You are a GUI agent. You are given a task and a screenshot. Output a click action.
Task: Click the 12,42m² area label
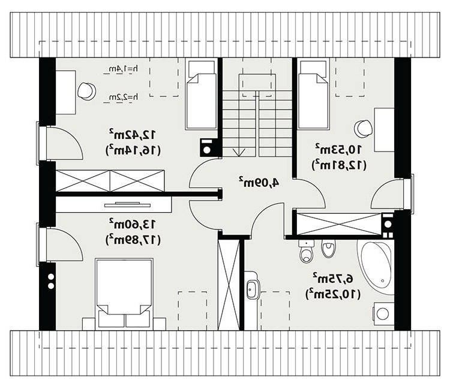pos(133,134)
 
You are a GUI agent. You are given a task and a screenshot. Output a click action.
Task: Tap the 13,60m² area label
pos(133,223)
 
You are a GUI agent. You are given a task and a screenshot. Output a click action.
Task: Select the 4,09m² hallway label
pos(258,182)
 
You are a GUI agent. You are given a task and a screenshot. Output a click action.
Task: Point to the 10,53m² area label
pos(338,149)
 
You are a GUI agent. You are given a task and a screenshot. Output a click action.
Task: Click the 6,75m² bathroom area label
pos(333,277)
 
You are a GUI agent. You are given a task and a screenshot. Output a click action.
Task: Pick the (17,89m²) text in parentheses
pos(133,240)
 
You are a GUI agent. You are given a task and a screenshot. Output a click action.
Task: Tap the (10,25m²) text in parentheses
pos(334,294)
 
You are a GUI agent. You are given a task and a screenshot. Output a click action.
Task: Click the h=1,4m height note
pos(121,69)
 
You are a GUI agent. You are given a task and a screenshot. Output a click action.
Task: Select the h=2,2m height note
pos(121,98)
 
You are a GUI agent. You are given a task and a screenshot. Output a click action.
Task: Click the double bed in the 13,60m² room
pos(124,293)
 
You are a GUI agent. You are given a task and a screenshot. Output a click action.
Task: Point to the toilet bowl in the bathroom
pos(306,252)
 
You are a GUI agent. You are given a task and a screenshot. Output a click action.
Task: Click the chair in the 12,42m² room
pos(86,90)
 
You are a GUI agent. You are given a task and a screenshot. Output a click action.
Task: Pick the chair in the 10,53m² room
pos(364,128)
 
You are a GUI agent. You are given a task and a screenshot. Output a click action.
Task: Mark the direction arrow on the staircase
pos(239,152)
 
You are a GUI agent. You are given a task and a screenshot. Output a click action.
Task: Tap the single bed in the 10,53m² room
pos(313,93)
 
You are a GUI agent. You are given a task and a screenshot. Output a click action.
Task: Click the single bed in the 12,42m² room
pos(201,93)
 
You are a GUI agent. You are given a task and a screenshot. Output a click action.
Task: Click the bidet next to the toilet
pos(328,248)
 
